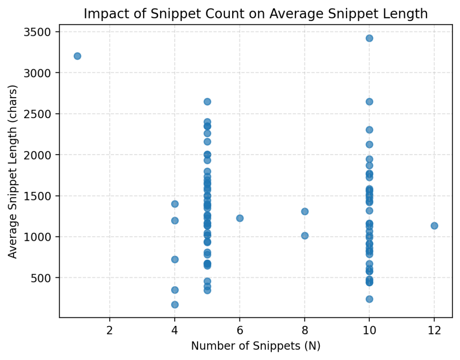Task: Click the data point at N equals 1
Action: click(x=77, y=56)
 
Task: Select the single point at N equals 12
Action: click(x=434, y=226)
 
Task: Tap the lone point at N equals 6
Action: click(x=240, y=218)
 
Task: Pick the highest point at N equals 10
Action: click(x=369, y=38)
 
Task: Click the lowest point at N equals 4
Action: click(x=175, y=305)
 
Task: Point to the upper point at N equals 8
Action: click(x=305, y=211)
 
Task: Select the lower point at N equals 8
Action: click(x=305, y=236)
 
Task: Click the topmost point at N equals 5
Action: click(x=208, y=102)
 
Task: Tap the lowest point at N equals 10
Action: click(x=369, y=299)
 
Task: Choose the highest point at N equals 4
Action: click(x=175, y=204)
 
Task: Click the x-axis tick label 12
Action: click(x=434, y=329)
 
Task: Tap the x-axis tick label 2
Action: click(x=110, y=329)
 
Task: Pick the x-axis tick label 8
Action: click(x=305, y=329)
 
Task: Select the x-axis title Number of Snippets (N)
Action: click(x=256, y=346)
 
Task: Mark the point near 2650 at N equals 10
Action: click(x=369, y=102)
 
